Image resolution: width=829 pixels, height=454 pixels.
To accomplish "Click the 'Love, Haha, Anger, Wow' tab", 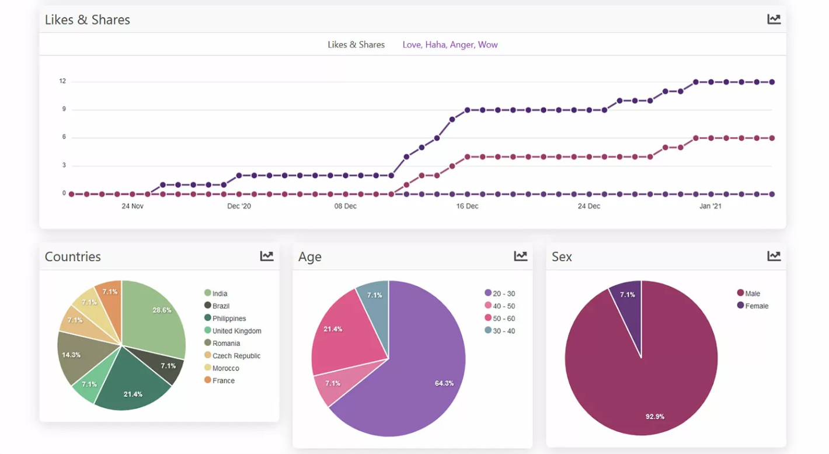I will pos(450,45).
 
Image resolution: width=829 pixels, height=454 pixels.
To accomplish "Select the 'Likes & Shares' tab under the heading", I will pos(356,45).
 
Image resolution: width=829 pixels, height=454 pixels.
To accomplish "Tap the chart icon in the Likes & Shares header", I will pos(774,19).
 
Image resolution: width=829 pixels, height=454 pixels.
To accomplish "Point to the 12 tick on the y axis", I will pos(62,81).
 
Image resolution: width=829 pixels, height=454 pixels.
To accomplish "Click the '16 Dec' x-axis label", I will pos(467,206).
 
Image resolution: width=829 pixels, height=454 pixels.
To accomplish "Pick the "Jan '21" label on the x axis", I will pos(710,206).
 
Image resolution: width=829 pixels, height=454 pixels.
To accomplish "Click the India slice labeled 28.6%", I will pos(155,318).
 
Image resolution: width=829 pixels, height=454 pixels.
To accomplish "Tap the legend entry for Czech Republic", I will pos(236,356).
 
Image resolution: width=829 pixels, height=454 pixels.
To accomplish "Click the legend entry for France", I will pos(223,381).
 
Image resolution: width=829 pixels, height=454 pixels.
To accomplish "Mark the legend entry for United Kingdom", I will pos(236,331).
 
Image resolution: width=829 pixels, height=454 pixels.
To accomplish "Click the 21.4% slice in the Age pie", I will pos(339,333).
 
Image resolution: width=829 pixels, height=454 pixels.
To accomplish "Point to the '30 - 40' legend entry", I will pos(503,331).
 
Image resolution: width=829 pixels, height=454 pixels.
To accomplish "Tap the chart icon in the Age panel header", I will pos(520,256).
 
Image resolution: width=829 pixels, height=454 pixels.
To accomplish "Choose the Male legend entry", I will pos(752,294).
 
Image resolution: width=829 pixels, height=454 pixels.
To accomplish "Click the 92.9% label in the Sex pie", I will pos(654,417).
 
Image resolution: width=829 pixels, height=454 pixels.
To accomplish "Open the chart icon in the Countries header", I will pos(267,256).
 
